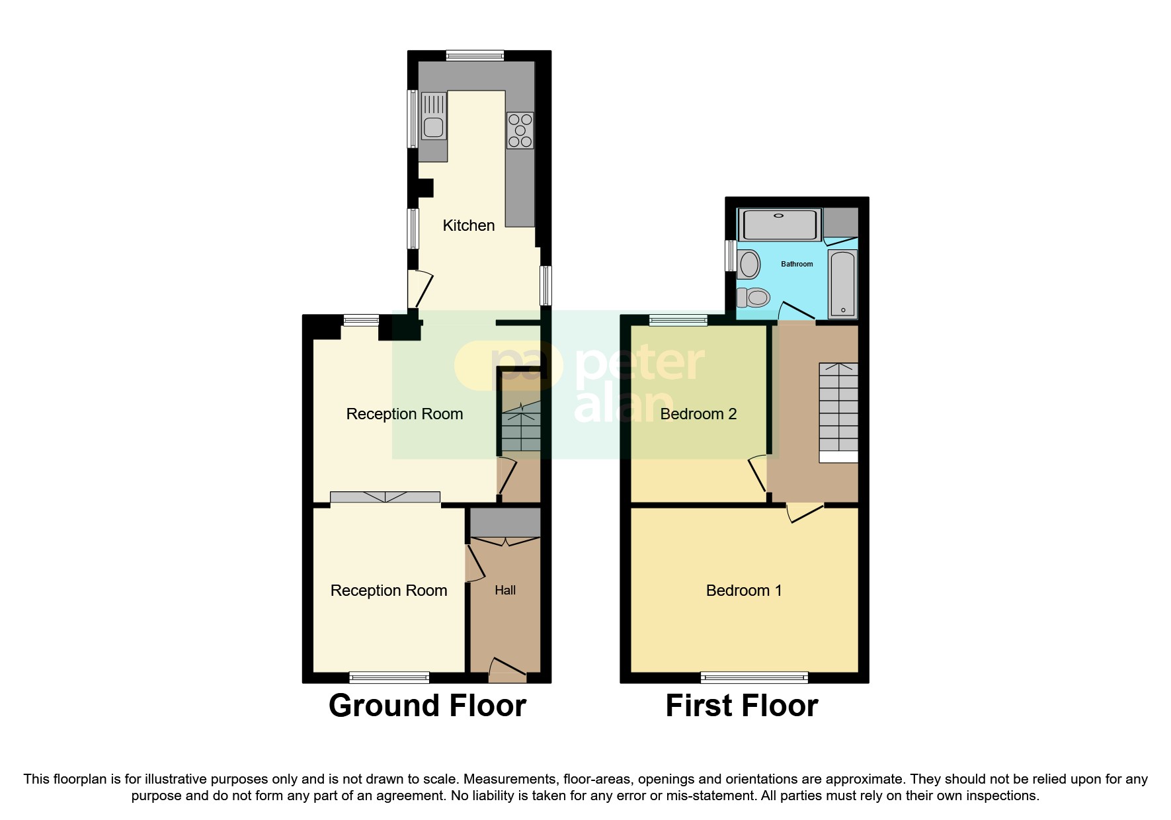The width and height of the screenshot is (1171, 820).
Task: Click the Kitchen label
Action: (468, 225)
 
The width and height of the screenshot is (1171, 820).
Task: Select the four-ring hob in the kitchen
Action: (520, 130)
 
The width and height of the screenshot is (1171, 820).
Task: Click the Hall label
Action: (505, 591)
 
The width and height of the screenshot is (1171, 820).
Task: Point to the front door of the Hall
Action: (508, 669)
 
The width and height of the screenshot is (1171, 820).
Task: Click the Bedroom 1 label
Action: (744, 591)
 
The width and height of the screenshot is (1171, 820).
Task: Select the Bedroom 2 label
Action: (698, 414)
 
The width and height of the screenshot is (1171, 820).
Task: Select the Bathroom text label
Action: (797, 264)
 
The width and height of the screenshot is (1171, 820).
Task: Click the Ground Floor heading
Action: (427, 706)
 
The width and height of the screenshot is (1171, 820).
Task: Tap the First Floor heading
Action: (741, 706)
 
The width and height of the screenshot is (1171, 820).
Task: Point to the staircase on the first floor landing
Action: (838, 407)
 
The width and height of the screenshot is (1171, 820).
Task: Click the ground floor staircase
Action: (521, 430)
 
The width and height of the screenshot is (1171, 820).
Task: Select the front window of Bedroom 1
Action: (754, 676)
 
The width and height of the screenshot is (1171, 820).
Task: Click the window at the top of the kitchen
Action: (475, 56)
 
